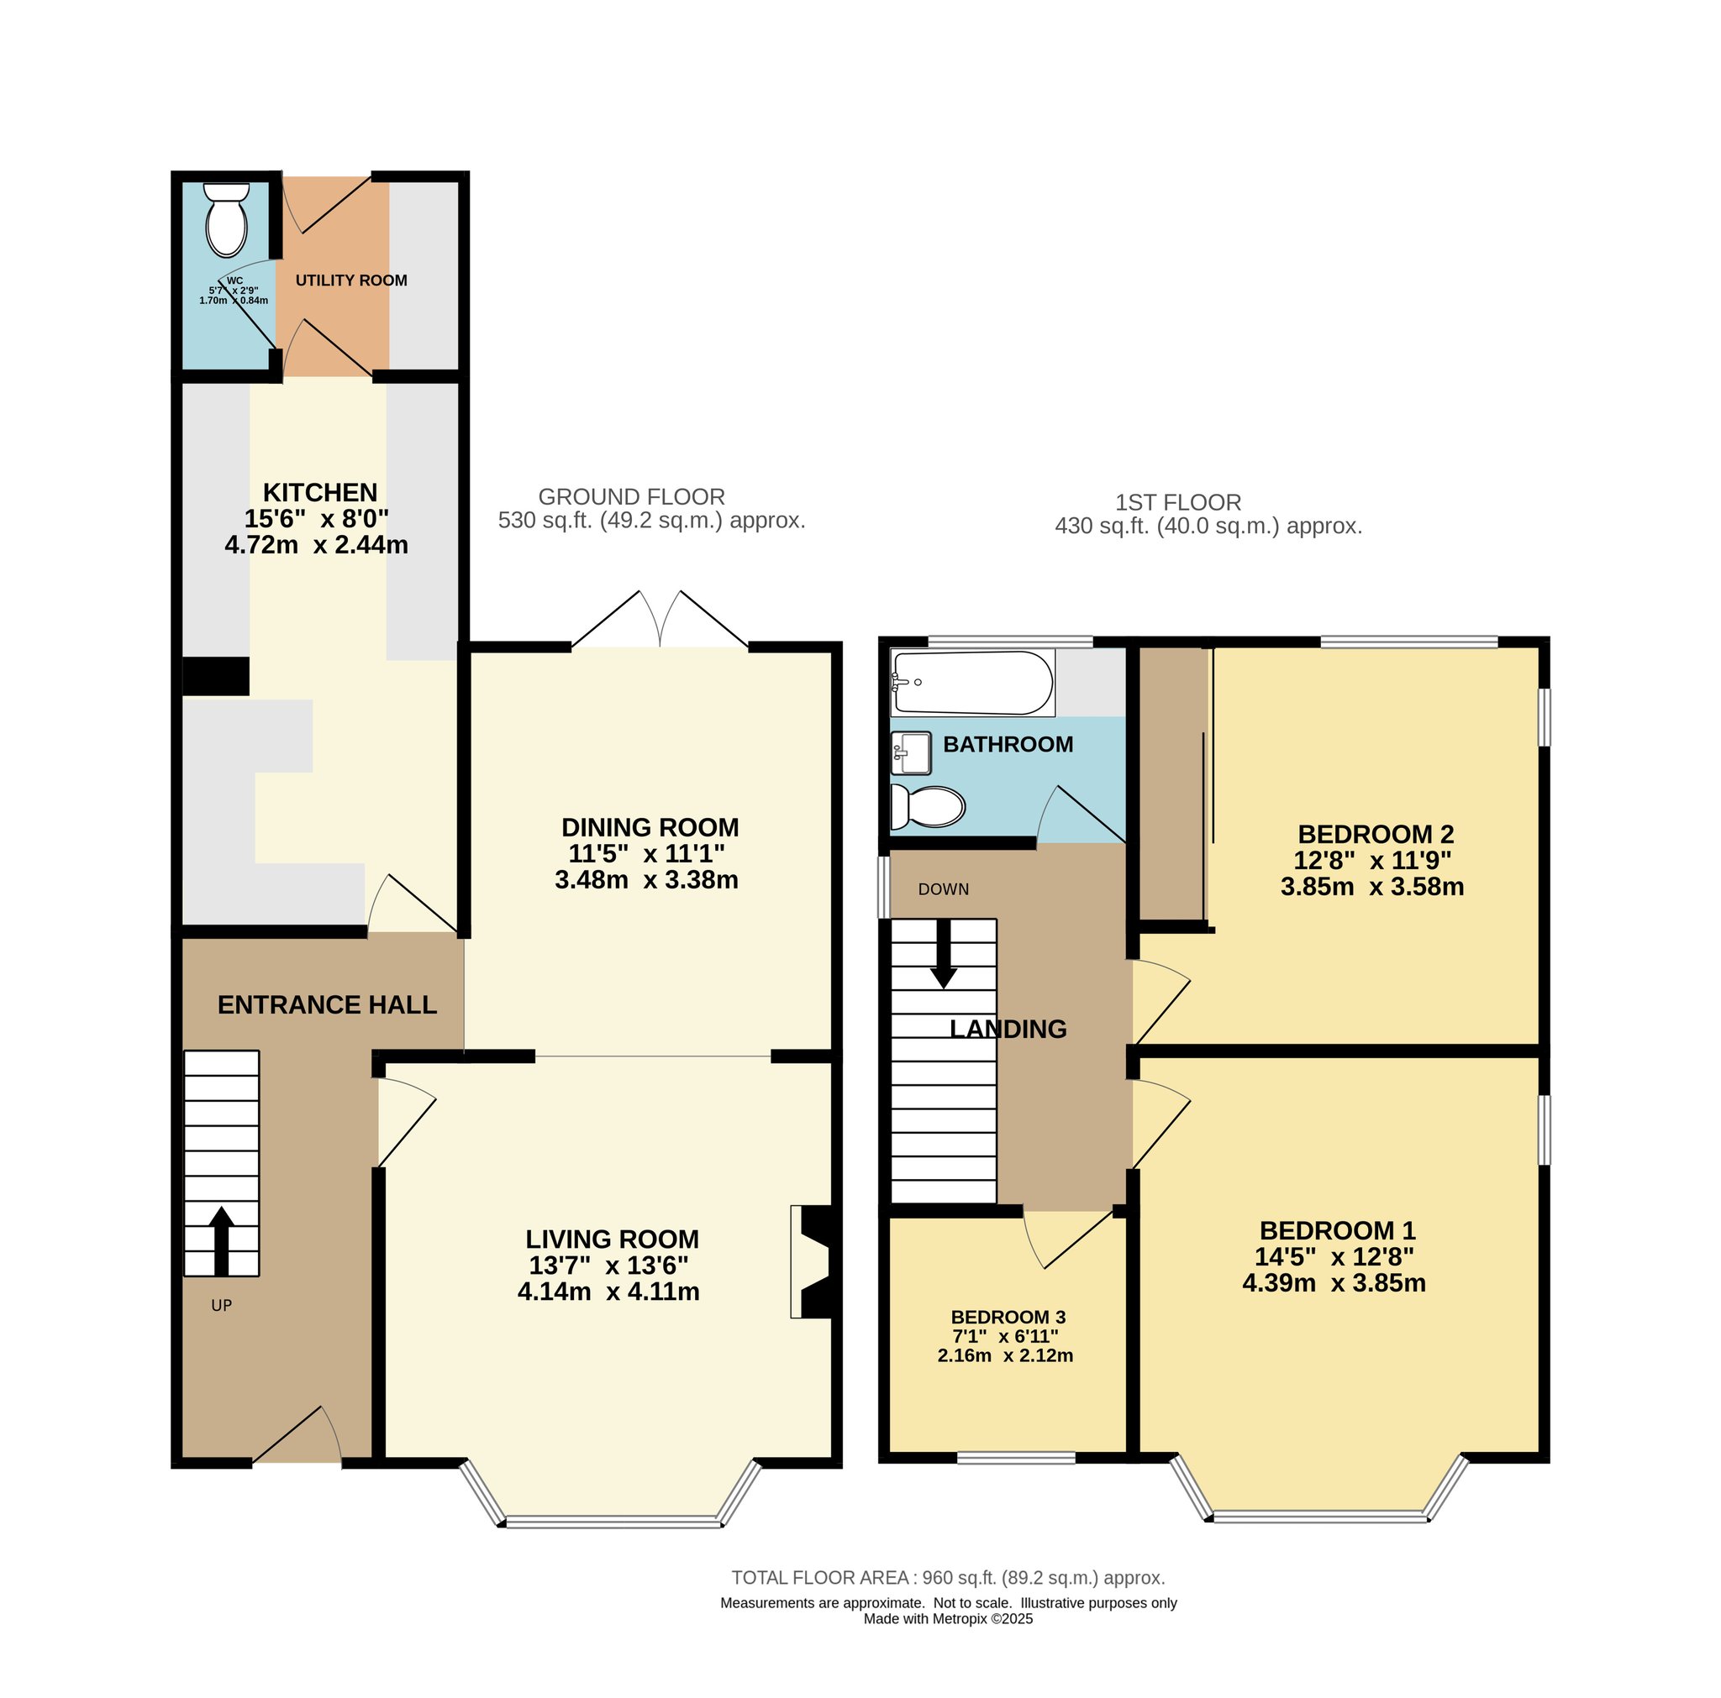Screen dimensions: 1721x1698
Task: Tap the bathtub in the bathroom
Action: click(x=973, y=683)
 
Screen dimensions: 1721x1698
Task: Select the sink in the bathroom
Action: click(x=911, y=753)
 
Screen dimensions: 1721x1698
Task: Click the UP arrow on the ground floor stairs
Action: click(x=221, y=1240)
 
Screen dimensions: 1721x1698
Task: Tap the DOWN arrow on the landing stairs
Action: click(x=944, y=954)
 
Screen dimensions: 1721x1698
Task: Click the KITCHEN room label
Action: click(x=320, y=492)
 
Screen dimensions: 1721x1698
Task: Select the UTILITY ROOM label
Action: click(x=351, y=280)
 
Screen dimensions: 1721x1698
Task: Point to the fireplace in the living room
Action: click(x=812, y=1261)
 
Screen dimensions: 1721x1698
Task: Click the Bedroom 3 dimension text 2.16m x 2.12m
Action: click(x=1005, y=1356)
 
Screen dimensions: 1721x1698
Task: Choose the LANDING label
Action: click(x=1008, y=1030)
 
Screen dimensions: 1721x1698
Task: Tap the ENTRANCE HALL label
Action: click(x=327, y=1005)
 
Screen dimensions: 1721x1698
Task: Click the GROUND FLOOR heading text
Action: click(x=632, y=497)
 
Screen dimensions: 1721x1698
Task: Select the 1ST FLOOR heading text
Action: click(x=1177, y=502)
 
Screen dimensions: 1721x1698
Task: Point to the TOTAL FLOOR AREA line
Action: click(x=948, y=1578)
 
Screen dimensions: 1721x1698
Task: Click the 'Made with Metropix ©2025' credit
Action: click(x=948, y=1619)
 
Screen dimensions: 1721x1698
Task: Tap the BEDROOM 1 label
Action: click(x=1337, y=1230)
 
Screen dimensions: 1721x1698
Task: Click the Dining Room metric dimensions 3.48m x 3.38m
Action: click(x=646, y=880)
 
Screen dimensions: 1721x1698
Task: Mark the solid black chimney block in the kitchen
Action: click(x=216, y=676)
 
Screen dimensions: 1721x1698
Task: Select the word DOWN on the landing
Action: click(x=944, y=889)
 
